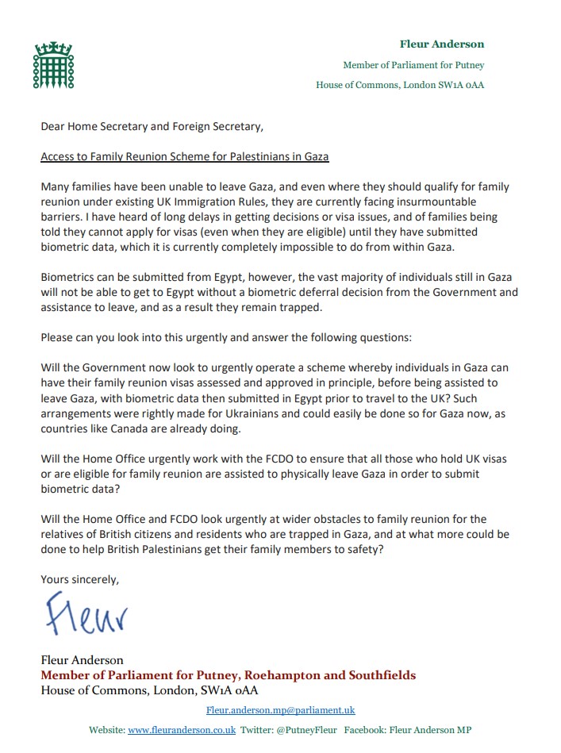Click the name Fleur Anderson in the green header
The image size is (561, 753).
(442, 44)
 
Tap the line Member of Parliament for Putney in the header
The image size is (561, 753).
(413, 65)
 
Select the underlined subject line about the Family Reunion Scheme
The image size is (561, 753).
(185, 156)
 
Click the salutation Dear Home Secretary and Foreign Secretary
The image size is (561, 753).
(152, 126)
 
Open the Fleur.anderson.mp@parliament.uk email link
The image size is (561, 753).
(280, 710)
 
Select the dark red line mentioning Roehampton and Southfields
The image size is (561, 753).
(229, 675)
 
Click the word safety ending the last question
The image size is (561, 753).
(362, 549)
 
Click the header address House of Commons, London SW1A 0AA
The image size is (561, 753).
(400, 86)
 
